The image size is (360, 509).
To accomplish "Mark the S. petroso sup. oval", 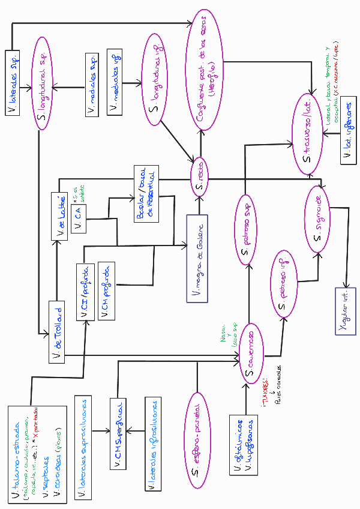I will tap(244, 228).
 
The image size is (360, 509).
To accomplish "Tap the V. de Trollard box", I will tap(57, 331).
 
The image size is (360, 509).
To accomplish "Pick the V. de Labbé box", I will tap(60, 215).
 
